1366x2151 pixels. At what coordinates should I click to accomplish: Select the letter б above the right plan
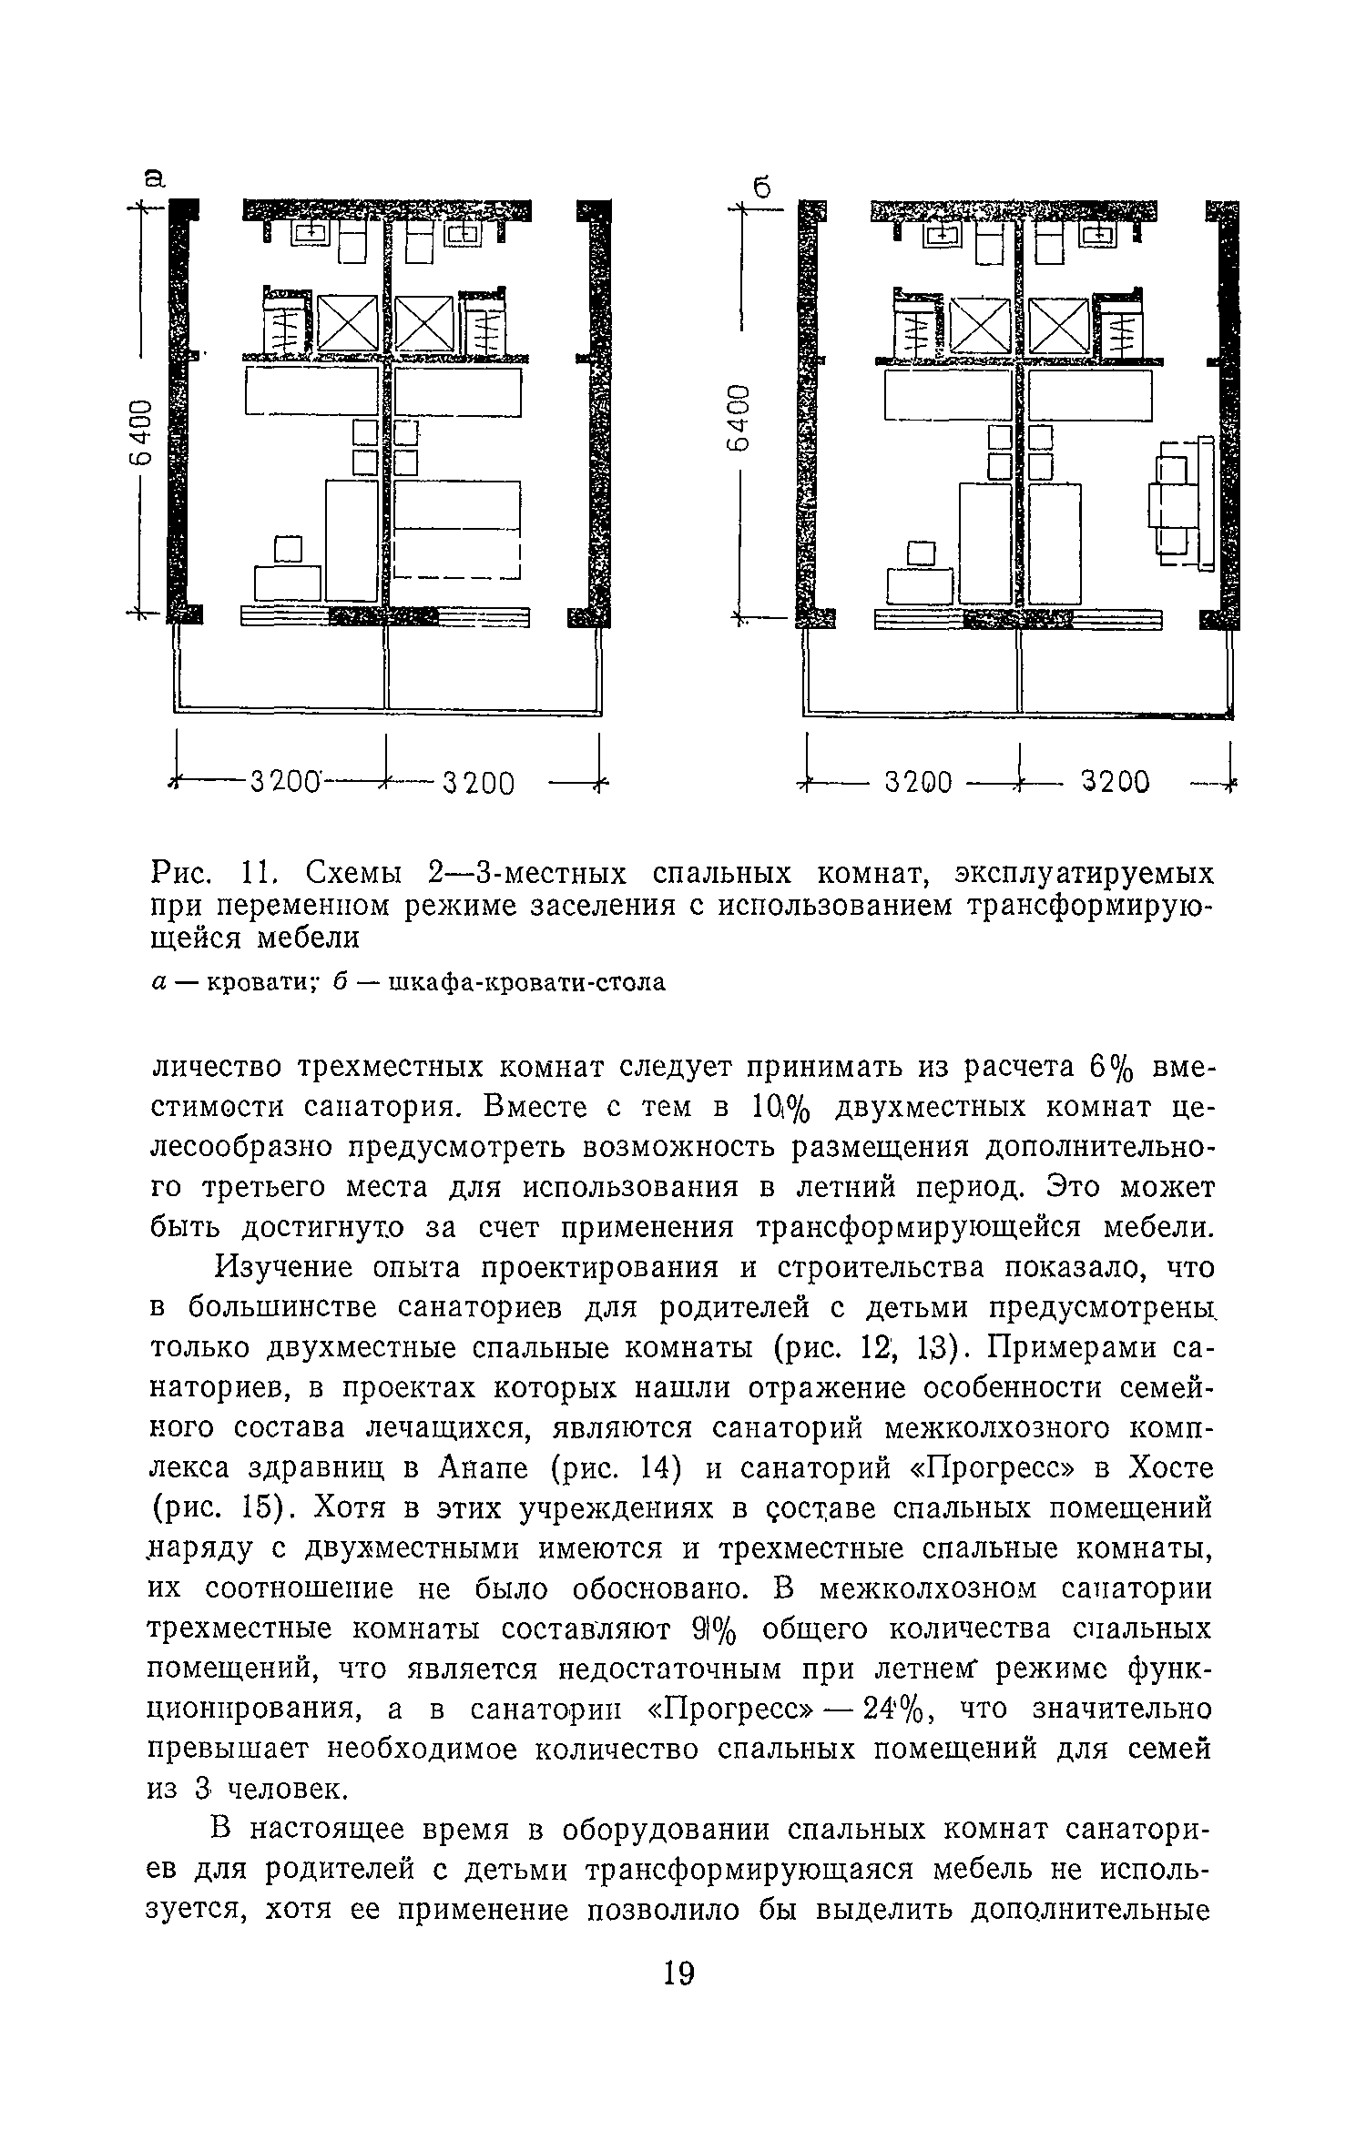762,188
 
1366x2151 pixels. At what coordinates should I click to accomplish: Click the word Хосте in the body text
1169,1468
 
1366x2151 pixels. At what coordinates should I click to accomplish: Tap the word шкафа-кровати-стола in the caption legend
526,983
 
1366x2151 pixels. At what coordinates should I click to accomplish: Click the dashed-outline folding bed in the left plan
456,530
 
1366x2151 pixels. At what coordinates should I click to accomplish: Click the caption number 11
258,874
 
